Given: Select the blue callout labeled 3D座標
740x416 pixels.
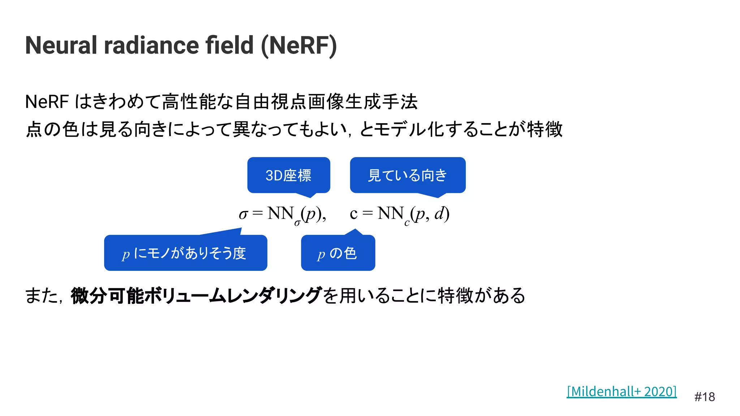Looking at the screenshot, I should [288, 175].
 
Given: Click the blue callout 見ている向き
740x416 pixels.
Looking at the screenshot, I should [407, 175].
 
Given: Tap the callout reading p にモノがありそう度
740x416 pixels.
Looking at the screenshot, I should [185, 253].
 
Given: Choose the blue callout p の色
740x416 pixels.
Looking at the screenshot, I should [338, 253].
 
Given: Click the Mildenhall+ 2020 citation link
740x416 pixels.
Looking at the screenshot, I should [621, 391].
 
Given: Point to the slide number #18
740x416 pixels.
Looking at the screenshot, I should [704, 397].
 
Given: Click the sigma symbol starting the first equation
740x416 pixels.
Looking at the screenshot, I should [243, 214].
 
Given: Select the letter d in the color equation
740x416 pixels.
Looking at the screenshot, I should [439, 213].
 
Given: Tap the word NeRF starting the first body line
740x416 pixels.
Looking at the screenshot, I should [47, 102].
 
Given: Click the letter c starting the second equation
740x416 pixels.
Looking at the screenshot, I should [353, 214].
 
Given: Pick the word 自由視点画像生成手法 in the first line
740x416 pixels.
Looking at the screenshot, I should [326, 102].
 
